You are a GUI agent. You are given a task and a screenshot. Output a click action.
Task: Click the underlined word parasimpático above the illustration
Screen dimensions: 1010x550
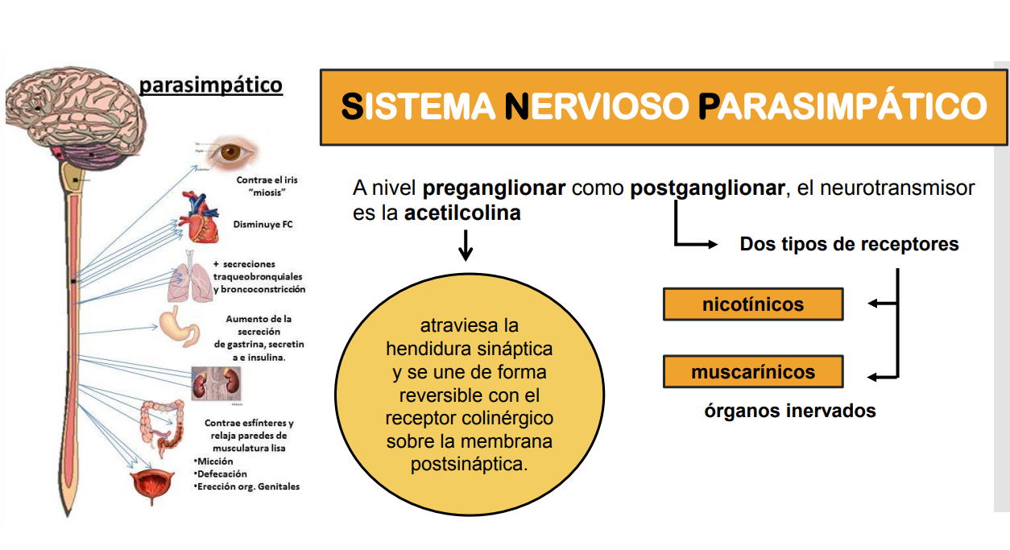point(210,85)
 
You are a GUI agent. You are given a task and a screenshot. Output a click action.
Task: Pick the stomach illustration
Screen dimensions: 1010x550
point(177,325)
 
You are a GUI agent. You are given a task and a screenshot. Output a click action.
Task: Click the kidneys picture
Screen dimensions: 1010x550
point(214,383)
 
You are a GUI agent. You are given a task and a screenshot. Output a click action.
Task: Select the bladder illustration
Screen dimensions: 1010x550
point(152,486)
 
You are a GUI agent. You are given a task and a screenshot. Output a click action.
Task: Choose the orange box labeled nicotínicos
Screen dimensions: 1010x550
point(753,304)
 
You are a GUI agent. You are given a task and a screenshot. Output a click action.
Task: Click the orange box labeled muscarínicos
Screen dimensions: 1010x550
point(753,372)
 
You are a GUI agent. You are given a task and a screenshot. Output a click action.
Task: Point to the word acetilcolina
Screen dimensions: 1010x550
point(462,213)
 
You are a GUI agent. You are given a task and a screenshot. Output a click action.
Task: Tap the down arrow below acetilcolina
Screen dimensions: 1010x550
point(466,245)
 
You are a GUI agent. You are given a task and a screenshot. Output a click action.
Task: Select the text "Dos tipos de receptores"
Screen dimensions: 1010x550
point(849,244)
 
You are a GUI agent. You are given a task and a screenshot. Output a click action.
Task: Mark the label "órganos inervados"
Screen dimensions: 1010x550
point(790,411)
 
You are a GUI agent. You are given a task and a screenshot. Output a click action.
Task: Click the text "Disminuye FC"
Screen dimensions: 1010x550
point(263,225)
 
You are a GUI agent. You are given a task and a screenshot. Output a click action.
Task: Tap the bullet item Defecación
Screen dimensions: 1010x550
point(221,473)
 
